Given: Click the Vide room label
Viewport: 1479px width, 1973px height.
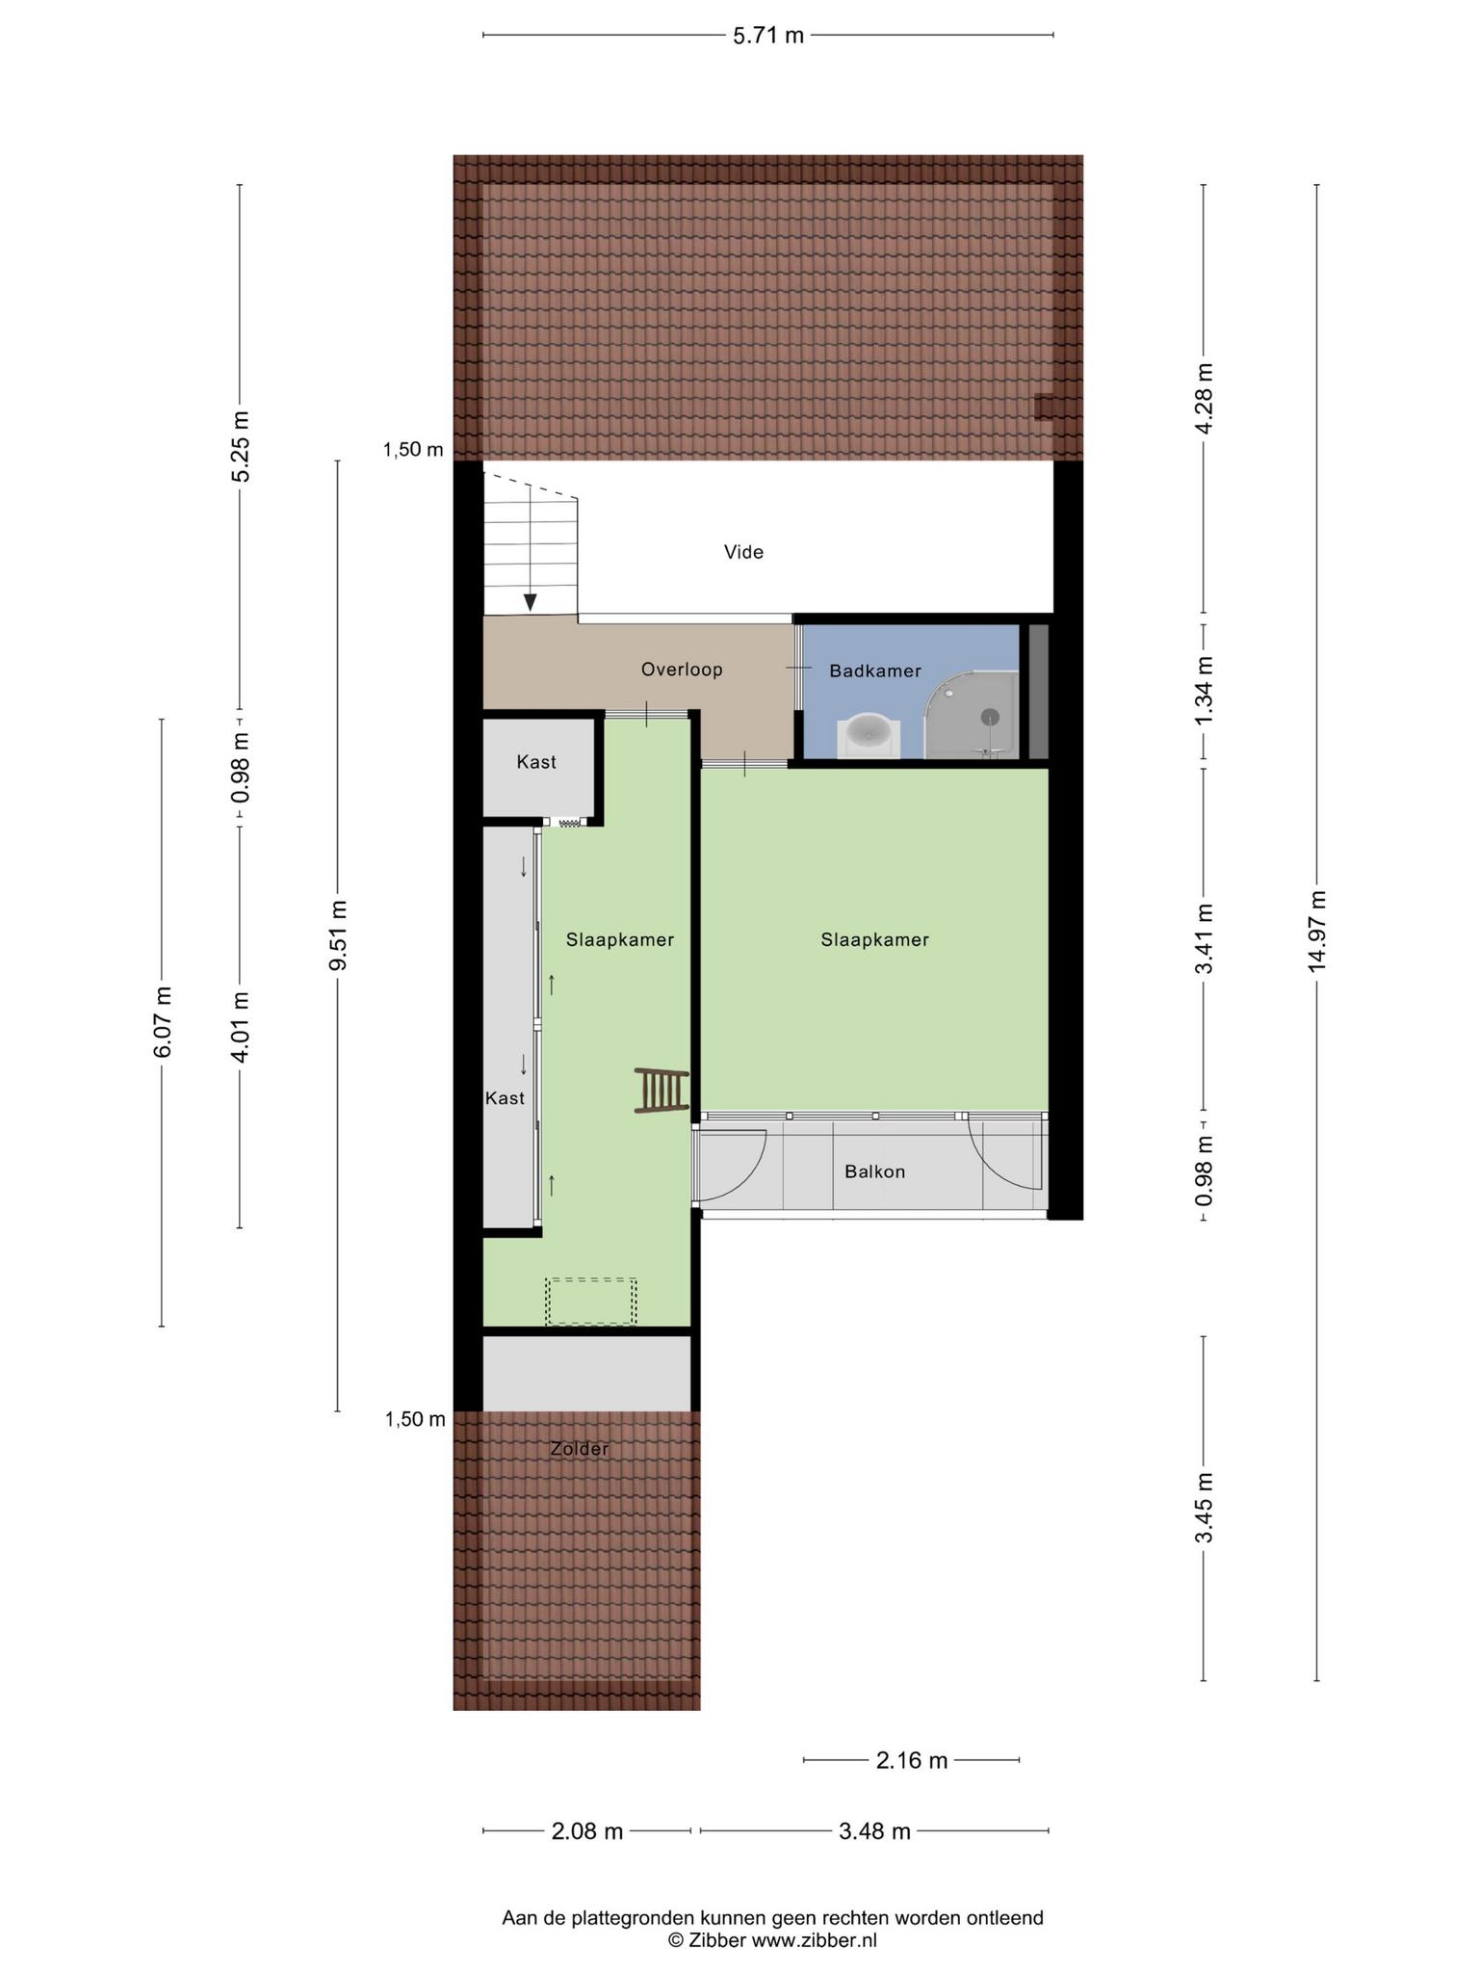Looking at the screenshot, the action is [x=743, y=552].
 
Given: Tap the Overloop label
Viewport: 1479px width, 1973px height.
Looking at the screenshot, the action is [x=682, y=670].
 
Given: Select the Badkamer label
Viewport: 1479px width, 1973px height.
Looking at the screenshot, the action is [x=875, y=671].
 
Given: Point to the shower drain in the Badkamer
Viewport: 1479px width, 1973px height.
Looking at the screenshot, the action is [x=991, y=717].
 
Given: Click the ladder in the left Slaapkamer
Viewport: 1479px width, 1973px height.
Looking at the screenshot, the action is [x=662, y=1091].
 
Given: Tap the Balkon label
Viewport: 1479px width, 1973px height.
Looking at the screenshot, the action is [x=874, y=1172].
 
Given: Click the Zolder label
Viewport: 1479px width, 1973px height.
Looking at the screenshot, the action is [x=579, y=1449].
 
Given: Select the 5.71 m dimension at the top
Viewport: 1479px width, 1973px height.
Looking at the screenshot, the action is [x=767, y=36].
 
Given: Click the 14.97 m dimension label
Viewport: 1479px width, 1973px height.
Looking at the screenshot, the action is [x=1317, y=932].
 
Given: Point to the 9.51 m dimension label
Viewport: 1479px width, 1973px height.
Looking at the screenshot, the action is [x=337, y=936].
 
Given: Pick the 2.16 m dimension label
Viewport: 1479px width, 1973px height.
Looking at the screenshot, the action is [x=911, y=1761].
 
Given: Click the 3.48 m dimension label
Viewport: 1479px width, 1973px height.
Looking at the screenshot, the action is [x=874, y=1831].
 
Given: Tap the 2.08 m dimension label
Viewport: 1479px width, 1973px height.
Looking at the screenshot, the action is [x=587, y=1831].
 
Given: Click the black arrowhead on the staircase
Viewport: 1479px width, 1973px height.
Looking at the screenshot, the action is [x=530, y=602].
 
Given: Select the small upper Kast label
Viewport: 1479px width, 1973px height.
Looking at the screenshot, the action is [x=536, y=762].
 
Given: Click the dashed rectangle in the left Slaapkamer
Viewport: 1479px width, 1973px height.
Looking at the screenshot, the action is [x=591, y=1302].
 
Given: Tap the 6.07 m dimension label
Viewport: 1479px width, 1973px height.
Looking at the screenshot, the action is [x=162, y=1022].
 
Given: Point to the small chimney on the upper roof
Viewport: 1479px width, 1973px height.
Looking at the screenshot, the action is [x=1044, y=407].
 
